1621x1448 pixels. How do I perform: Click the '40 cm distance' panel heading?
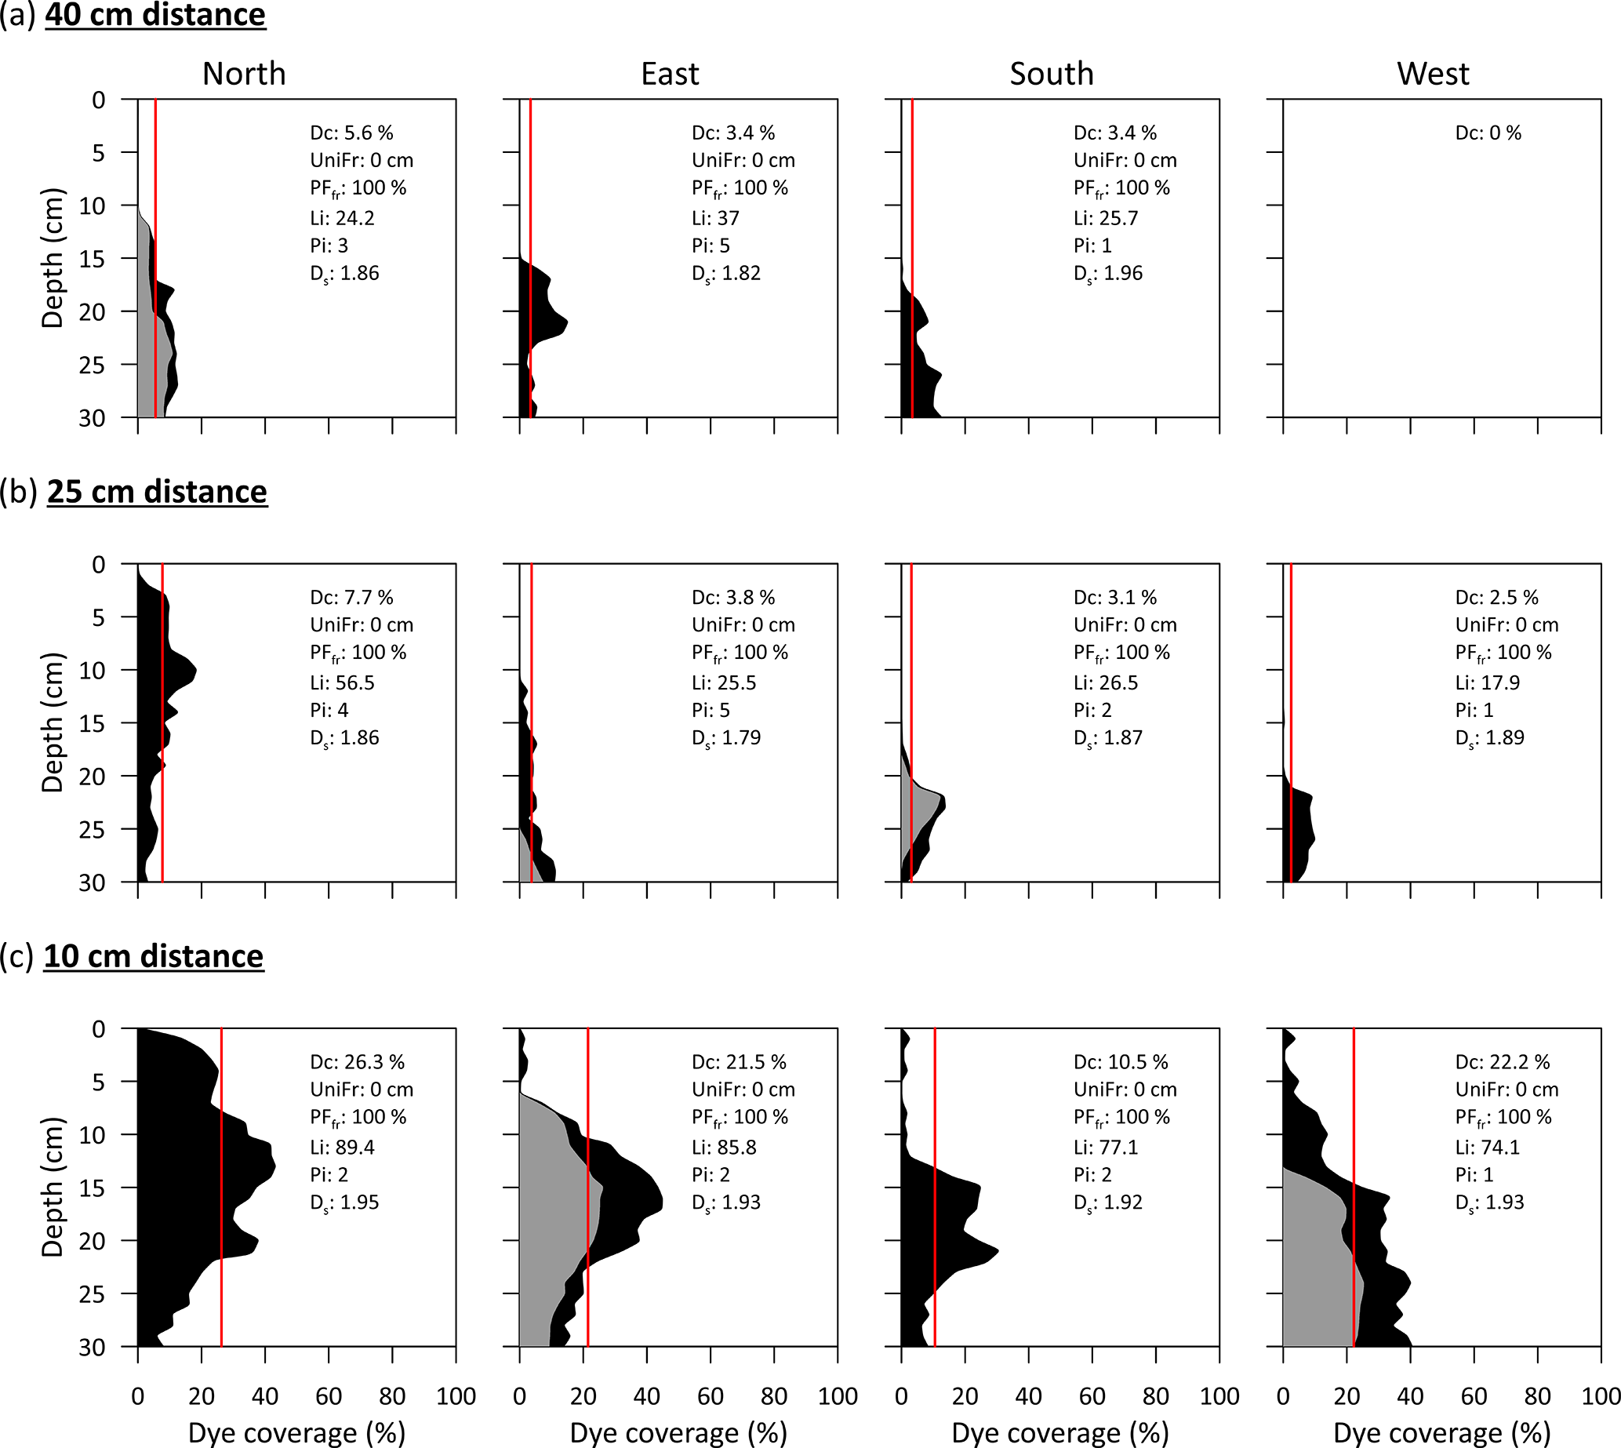tap(155, 14)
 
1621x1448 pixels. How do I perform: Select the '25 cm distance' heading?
tap(157, 492)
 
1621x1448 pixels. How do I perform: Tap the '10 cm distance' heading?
tap(154, 955)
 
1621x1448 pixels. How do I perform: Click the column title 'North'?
tap(243, 74)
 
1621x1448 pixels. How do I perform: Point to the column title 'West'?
tap(1433, 74)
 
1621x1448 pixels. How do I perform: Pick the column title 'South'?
tap(1052, 74)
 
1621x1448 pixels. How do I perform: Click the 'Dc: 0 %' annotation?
tap(1488, 133)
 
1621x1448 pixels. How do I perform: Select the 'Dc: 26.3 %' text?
tap(357, 1062)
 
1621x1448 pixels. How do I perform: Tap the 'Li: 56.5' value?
tap(342, 682)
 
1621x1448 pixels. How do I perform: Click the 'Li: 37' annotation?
tap(715, 218)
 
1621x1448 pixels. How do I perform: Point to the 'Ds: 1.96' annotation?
tap(1108, 274)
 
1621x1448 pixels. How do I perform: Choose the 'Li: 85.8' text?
tap(724, 1148)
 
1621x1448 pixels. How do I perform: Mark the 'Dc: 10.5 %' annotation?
tap(1121, 1062)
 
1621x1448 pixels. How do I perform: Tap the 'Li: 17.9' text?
tap(1488, 682)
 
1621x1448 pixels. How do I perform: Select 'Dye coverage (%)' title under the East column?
tap(678, 1433)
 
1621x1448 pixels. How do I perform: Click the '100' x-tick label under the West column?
tap(1601, 1396)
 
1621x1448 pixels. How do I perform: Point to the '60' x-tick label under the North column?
tap(329, 1396)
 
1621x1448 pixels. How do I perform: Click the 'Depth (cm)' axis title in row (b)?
tap(53, 722)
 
